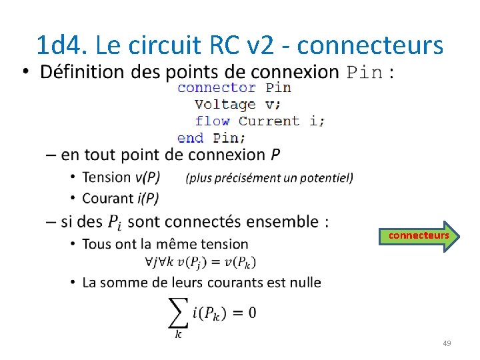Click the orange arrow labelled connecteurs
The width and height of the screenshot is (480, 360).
point(419,236)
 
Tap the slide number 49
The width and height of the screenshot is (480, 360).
point(447,343)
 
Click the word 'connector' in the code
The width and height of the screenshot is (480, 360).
point(217,87)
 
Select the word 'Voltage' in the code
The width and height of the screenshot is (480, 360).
point(225,104)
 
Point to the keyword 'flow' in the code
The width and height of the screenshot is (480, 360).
point(212,121)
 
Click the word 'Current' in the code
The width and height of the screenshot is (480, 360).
point(269,121)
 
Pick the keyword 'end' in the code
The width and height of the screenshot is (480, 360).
point(190,138)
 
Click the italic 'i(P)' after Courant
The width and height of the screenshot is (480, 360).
point(149,198)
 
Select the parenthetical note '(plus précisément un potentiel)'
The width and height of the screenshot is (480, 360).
point(269,178)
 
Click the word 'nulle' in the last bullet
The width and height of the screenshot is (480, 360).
point(303,282)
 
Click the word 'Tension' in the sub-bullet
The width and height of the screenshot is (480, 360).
point(107,177)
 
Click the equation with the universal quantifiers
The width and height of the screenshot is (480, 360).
point(200,261)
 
